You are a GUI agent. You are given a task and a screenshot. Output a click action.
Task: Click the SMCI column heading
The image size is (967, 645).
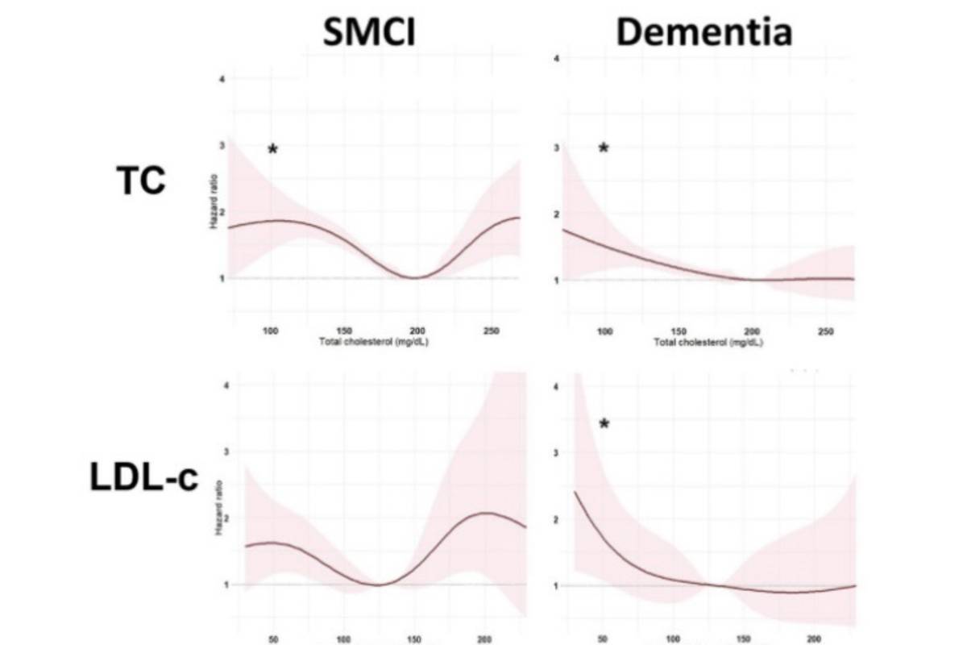coord(370,33)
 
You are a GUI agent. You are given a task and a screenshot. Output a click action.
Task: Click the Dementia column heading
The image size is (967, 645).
coord(703,33)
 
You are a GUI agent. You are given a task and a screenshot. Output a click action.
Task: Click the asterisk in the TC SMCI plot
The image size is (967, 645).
coord(272,149)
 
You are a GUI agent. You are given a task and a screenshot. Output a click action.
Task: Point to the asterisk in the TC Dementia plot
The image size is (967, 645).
coord(604,148)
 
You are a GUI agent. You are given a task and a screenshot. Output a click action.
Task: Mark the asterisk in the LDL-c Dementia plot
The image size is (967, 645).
coord(604,424)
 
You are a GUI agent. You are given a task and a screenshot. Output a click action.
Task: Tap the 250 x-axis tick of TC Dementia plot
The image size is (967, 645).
coord(825,331)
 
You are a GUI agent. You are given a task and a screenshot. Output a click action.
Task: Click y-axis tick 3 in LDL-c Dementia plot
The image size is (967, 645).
coord(556,453)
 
